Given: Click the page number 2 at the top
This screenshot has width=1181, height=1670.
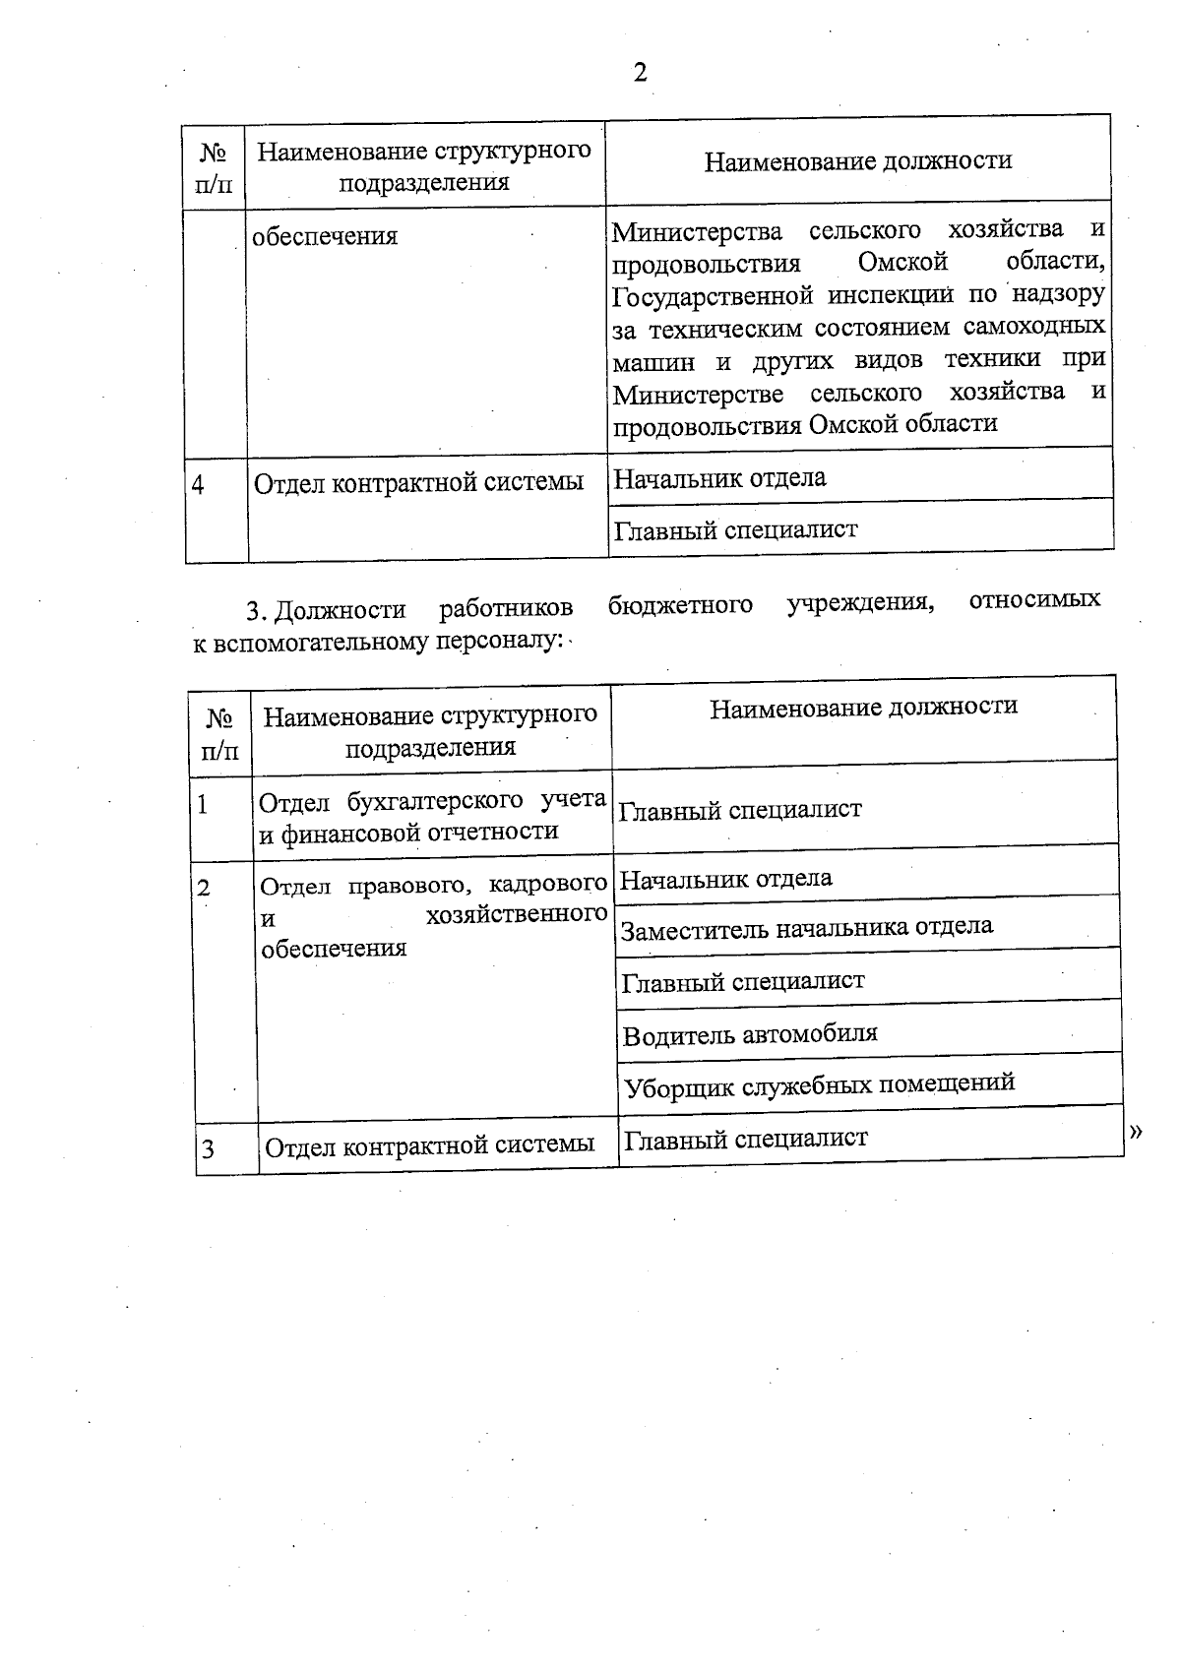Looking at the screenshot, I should pyautogui.click(x=640, y=73).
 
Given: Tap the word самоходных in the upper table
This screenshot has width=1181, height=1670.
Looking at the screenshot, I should pyautogui.click(x=1033, y=326).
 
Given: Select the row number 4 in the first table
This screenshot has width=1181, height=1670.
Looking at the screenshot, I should pyautogui.click(x=199, y=485).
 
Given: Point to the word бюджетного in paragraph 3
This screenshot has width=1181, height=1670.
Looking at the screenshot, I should pyautogui.click(x=680, y=603).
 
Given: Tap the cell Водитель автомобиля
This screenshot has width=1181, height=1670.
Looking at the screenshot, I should pyautogui.click(x=750, y=1034).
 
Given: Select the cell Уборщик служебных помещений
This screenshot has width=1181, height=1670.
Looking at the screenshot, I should pyautogui.click(x=819, y=1084).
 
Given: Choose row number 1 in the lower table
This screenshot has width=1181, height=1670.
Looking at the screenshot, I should pyautogui.click(x=203, y=805).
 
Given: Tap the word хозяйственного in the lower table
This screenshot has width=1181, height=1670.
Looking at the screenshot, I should pyautogui.click(x=517, y=915).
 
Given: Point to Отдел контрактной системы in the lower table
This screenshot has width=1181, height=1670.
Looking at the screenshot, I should pyautogui.click(x=430, y=1144).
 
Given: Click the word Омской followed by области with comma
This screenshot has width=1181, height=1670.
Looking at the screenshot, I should pyautogui.click(x=902, y=263).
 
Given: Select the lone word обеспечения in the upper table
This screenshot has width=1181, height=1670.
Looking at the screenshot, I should pyautogui.click(x=325, y=236).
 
